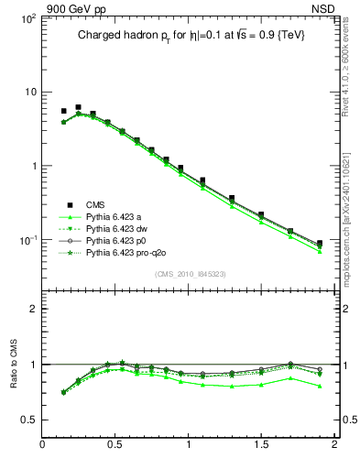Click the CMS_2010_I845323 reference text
pyautogui.click(x=190, y=274)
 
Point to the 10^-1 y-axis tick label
pyautogui.click(x=27, y=240)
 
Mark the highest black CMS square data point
pyautogui.click(x=78, y=107)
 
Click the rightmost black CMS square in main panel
pyautogui.click(x=320, y=244)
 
